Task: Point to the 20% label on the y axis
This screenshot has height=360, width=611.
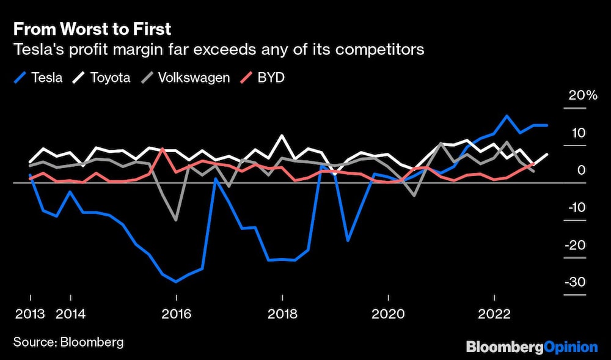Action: [582, 95]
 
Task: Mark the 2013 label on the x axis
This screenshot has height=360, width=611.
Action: [30, 314]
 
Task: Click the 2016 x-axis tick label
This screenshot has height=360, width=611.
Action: [176, 314]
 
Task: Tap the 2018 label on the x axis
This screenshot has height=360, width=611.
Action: [282, 314]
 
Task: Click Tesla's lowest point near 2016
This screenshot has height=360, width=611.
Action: [176, 282]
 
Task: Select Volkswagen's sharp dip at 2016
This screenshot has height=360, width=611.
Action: [176, 220]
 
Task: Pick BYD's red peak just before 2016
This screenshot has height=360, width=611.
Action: [163, 149]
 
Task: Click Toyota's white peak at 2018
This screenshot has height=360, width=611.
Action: [282, 136]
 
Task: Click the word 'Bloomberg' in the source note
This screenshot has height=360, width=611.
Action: [92, 342]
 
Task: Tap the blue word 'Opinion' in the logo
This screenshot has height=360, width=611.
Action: [571, 347]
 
